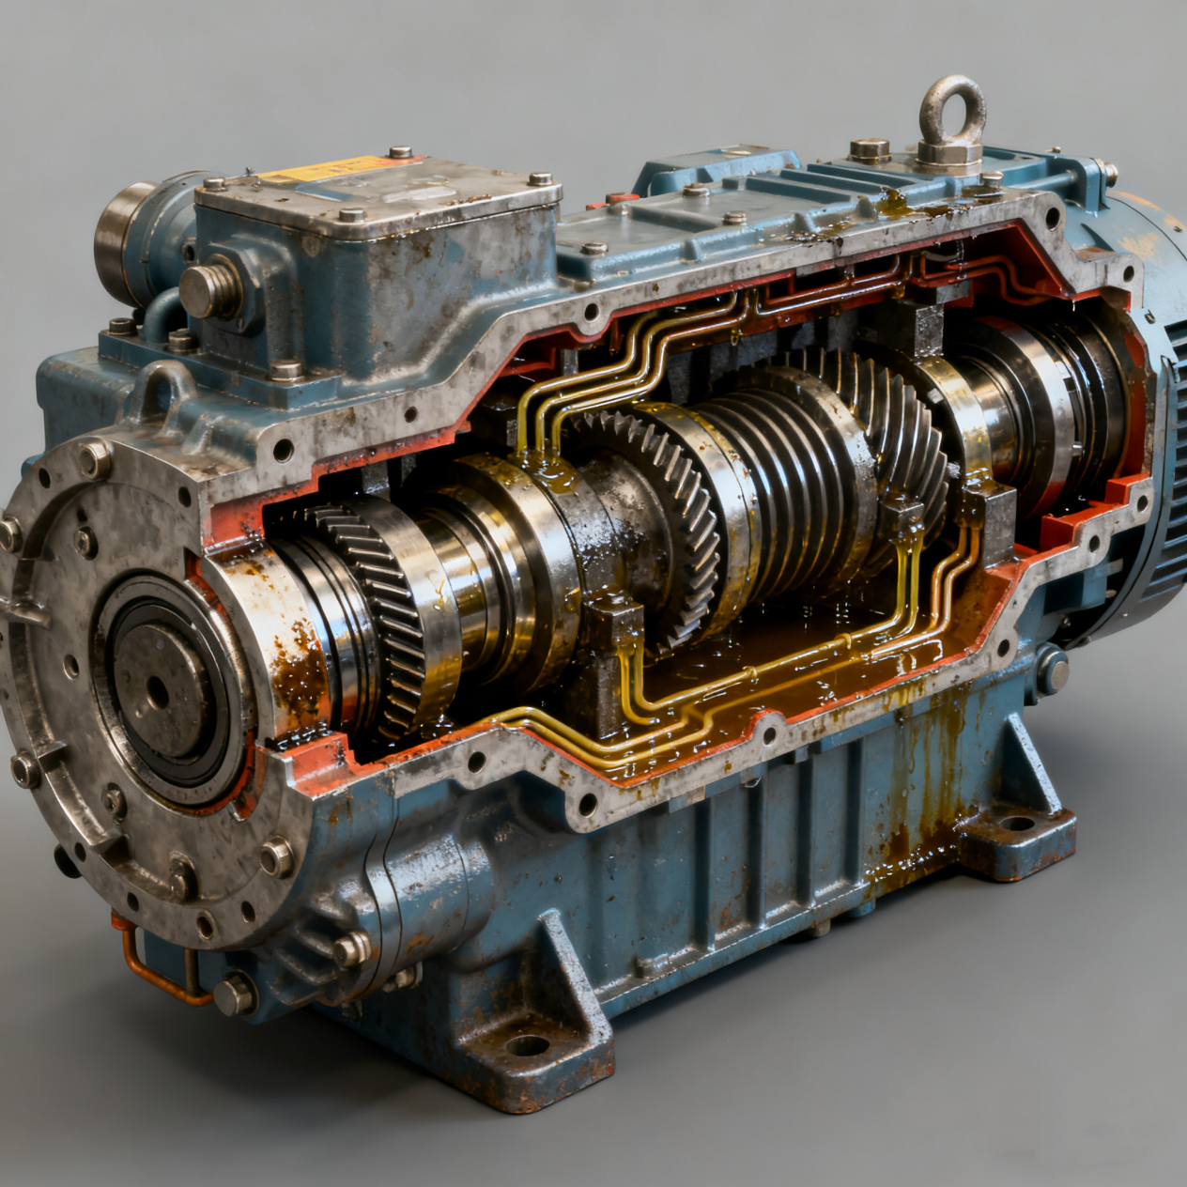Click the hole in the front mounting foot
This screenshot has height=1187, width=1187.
coord(527,1045)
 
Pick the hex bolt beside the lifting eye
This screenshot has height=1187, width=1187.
coord(869,150)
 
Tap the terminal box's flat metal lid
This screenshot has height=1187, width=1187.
coord(376,193)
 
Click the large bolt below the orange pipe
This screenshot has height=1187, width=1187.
coord(234,994)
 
